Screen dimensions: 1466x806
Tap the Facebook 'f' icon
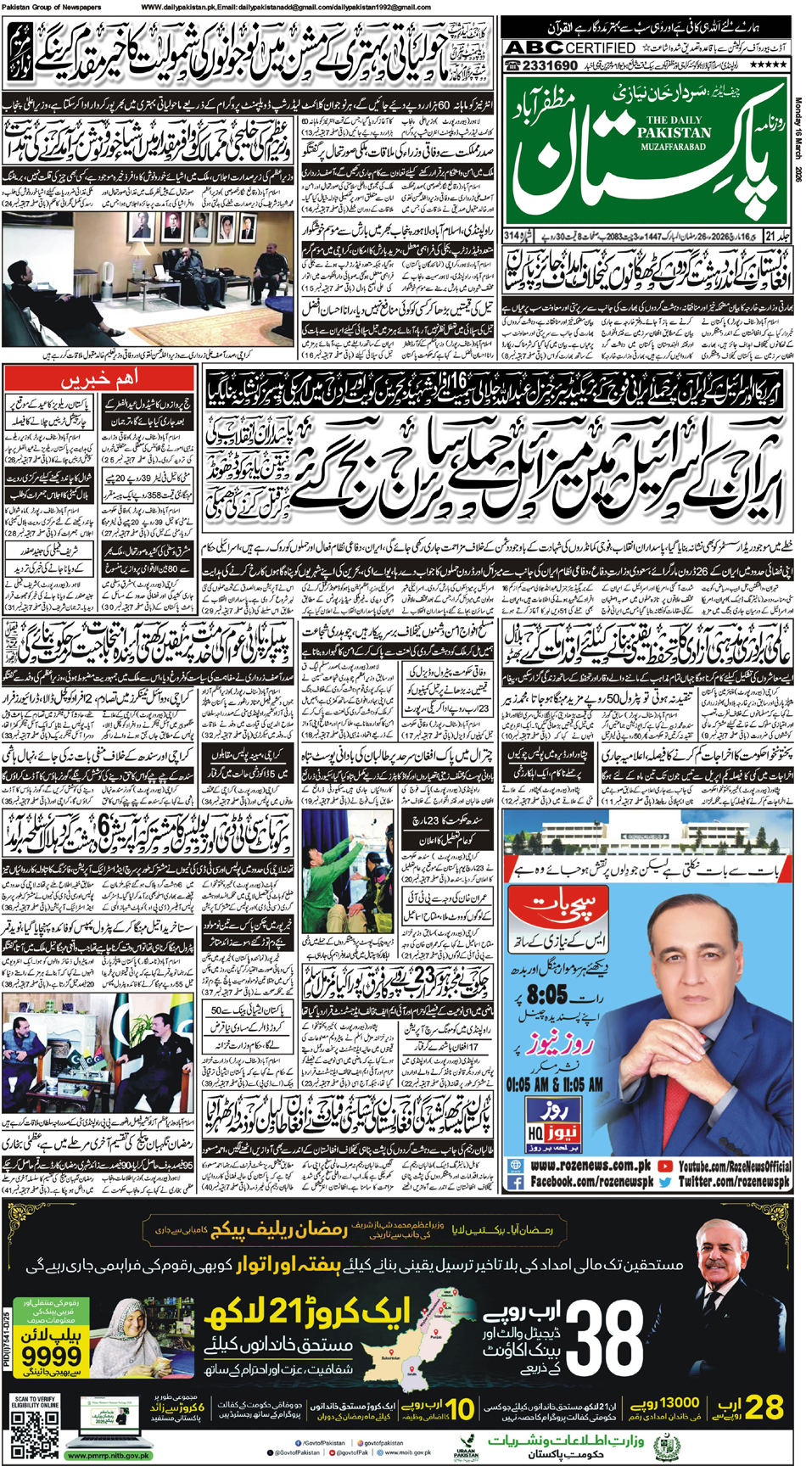tap(516, 1181)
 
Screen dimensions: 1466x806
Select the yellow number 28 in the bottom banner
tap(762, 1408)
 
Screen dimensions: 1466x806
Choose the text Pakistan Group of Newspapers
tap(52, 7)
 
